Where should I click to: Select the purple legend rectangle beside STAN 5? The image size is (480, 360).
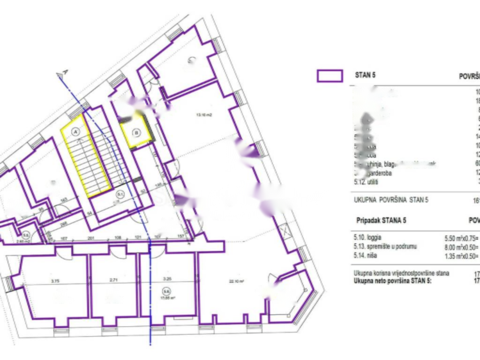point(330,76)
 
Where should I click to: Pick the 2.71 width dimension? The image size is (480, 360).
point(112,268)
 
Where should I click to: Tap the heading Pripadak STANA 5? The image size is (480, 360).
point(382,220)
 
